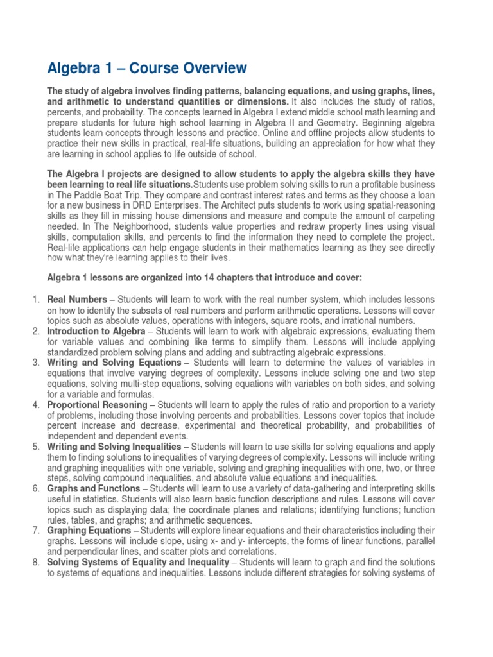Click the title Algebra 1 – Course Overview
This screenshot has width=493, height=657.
[147, 67]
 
